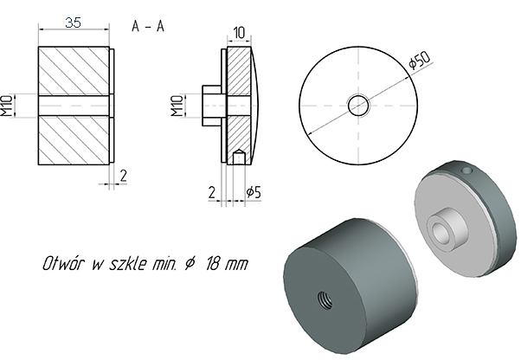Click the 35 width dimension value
click(73, 22)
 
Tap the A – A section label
click(148, 26)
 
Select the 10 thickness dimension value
click(239, 33)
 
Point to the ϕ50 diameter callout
click(420, 60)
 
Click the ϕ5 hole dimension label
click(254, 192)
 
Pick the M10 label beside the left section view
click(7, 106)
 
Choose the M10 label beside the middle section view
click(177, 106)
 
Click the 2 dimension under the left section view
click(123, 176)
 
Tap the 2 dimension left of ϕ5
click(212, 192)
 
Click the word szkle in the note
click(128, 263)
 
